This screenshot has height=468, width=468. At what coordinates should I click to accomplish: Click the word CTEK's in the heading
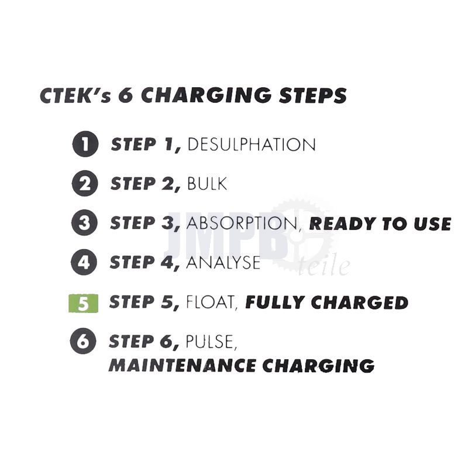pyautogui.click(x=75, y=95)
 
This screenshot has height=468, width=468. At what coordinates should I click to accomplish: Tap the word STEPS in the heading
pyautogui.click(x=313, y=95)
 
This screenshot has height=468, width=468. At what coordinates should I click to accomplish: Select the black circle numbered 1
pyautogui.click(x=85, y=144)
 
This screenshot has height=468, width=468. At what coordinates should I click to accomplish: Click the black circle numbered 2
pyautogui.click(x=85, y=183)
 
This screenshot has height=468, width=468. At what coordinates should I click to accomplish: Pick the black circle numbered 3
pyautogui.click(x=84, y=223)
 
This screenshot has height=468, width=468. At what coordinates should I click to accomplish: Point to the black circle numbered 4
pyautogui.click(x=84, y=262)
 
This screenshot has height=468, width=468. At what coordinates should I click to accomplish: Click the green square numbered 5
pyautogui.click(x=83, y=303)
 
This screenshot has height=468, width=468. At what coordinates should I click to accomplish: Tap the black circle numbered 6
pyautogui.click(x=83, y=341)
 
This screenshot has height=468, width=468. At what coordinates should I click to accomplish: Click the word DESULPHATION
pyautogui.click(x=252, y=144)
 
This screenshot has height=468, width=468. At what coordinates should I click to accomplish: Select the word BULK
pyautogui.click(x=207, y=184)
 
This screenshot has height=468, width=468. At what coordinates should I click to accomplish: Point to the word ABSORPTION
pyautogui.click(x=242, y=223)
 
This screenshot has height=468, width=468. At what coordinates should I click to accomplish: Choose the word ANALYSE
pyautogui.click(x=223, y=263)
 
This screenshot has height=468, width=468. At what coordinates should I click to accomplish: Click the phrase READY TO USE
pyautogui.click(x=380, y=224)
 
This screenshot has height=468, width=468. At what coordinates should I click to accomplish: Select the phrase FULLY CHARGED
pyautogui.click(x=326, y=302)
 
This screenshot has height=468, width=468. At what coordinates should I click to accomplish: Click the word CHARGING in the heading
pyautogui.click(x=207, y=95)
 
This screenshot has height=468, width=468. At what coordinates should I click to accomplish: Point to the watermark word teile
pyautogui.click(x=324, y=265)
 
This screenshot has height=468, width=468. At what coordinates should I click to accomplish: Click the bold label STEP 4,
pyautogui.click(x=145, y=263)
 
